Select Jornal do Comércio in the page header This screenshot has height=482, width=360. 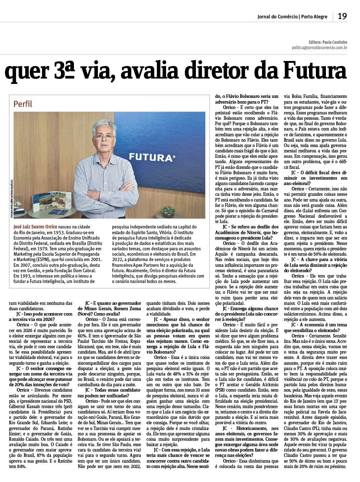pos(277,16)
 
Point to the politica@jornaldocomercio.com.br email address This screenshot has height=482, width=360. pos(319,47)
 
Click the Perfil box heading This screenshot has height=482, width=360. pos(23,104)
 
